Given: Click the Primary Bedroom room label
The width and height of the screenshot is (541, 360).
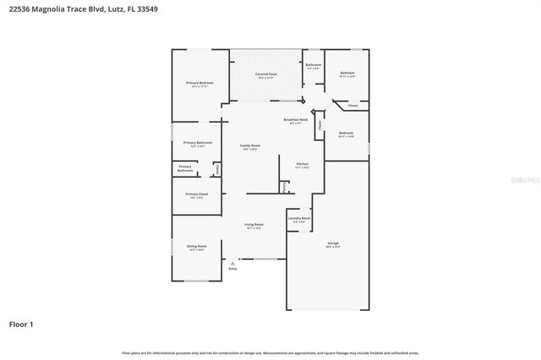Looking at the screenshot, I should [199, 83].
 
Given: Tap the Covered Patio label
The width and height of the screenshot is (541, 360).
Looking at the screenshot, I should [267, 74].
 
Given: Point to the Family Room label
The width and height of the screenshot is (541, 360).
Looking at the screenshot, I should [249, 146].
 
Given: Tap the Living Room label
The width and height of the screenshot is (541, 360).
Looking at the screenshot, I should [254, 225].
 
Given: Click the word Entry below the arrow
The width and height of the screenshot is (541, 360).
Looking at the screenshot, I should [232, 269].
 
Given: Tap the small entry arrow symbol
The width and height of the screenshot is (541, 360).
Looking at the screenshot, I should [232, 263].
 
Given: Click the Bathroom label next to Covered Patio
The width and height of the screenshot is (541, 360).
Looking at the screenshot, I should [313, 65].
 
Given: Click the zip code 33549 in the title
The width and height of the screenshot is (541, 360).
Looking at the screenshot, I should [145, 9].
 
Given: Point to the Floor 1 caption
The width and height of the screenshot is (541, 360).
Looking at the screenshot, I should [21, 324].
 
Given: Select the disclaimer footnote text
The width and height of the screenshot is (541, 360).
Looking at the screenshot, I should [270, 352].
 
